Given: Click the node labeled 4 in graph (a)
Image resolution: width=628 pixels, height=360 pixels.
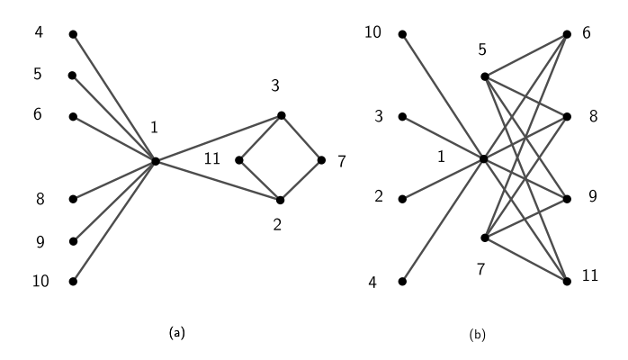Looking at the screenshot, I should [x=73, y=34].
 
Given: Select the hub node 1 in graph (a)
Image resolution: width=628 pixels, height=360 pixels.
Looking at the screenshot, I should [x=156, y=161].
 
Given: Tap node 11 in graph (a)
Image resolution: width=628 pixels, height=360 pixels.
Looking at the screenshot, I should [x=238, y=161].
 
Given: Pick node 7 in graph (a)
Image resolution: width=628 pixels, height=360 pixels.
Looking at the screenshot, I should [x=321, y=161].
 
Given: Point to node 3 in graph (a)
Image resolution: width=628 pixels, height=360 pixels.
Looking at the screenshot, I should [x=281, y=115].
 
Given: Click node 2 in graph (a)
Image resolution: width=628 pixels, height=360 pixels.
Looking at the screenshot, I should [x=281, y=200].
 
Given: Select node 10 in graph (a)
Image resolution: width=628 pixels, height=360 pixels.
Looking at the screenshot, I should [x=73, y=282].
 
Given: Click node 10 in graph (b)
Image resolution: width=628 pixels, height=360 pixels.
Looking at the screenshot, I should [x=402, y=34].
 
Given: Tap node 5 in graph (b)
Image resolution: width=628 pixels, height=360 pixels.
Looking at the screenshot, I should [x=484, y=76].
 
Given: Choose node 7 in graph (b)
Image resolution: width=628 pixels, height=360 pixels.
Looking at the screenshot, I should [x=484, y=238].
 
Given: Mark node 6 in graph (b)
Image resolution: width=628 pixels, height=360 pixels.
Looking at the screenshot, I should [x=567, y=34].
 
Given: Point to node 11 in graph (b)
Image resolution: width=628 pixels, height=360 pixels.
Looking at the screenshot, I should [x=567, y=282].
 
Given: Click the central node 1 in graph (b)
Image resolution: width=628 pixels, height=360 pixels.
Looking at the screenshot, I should [x=484, y=159].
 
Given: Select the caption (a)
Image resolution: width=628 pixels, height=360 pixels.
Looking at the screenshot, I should [x=177, y=333].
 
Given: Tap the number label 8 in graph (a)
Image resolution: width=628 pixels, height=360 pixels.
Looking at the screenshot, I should [x=40, y=199].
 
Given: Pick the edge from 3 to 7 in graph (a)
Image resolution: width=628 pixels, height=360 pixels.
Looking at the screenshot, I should [x=301, y=138].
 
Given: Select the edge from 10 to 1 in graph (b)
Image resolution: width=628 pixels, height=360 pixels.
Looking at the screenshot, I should [x=443, y=96].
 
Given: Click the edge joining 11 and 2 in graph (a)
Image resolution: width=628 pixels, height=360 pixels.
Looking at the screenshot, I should [x=259, y=180].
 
